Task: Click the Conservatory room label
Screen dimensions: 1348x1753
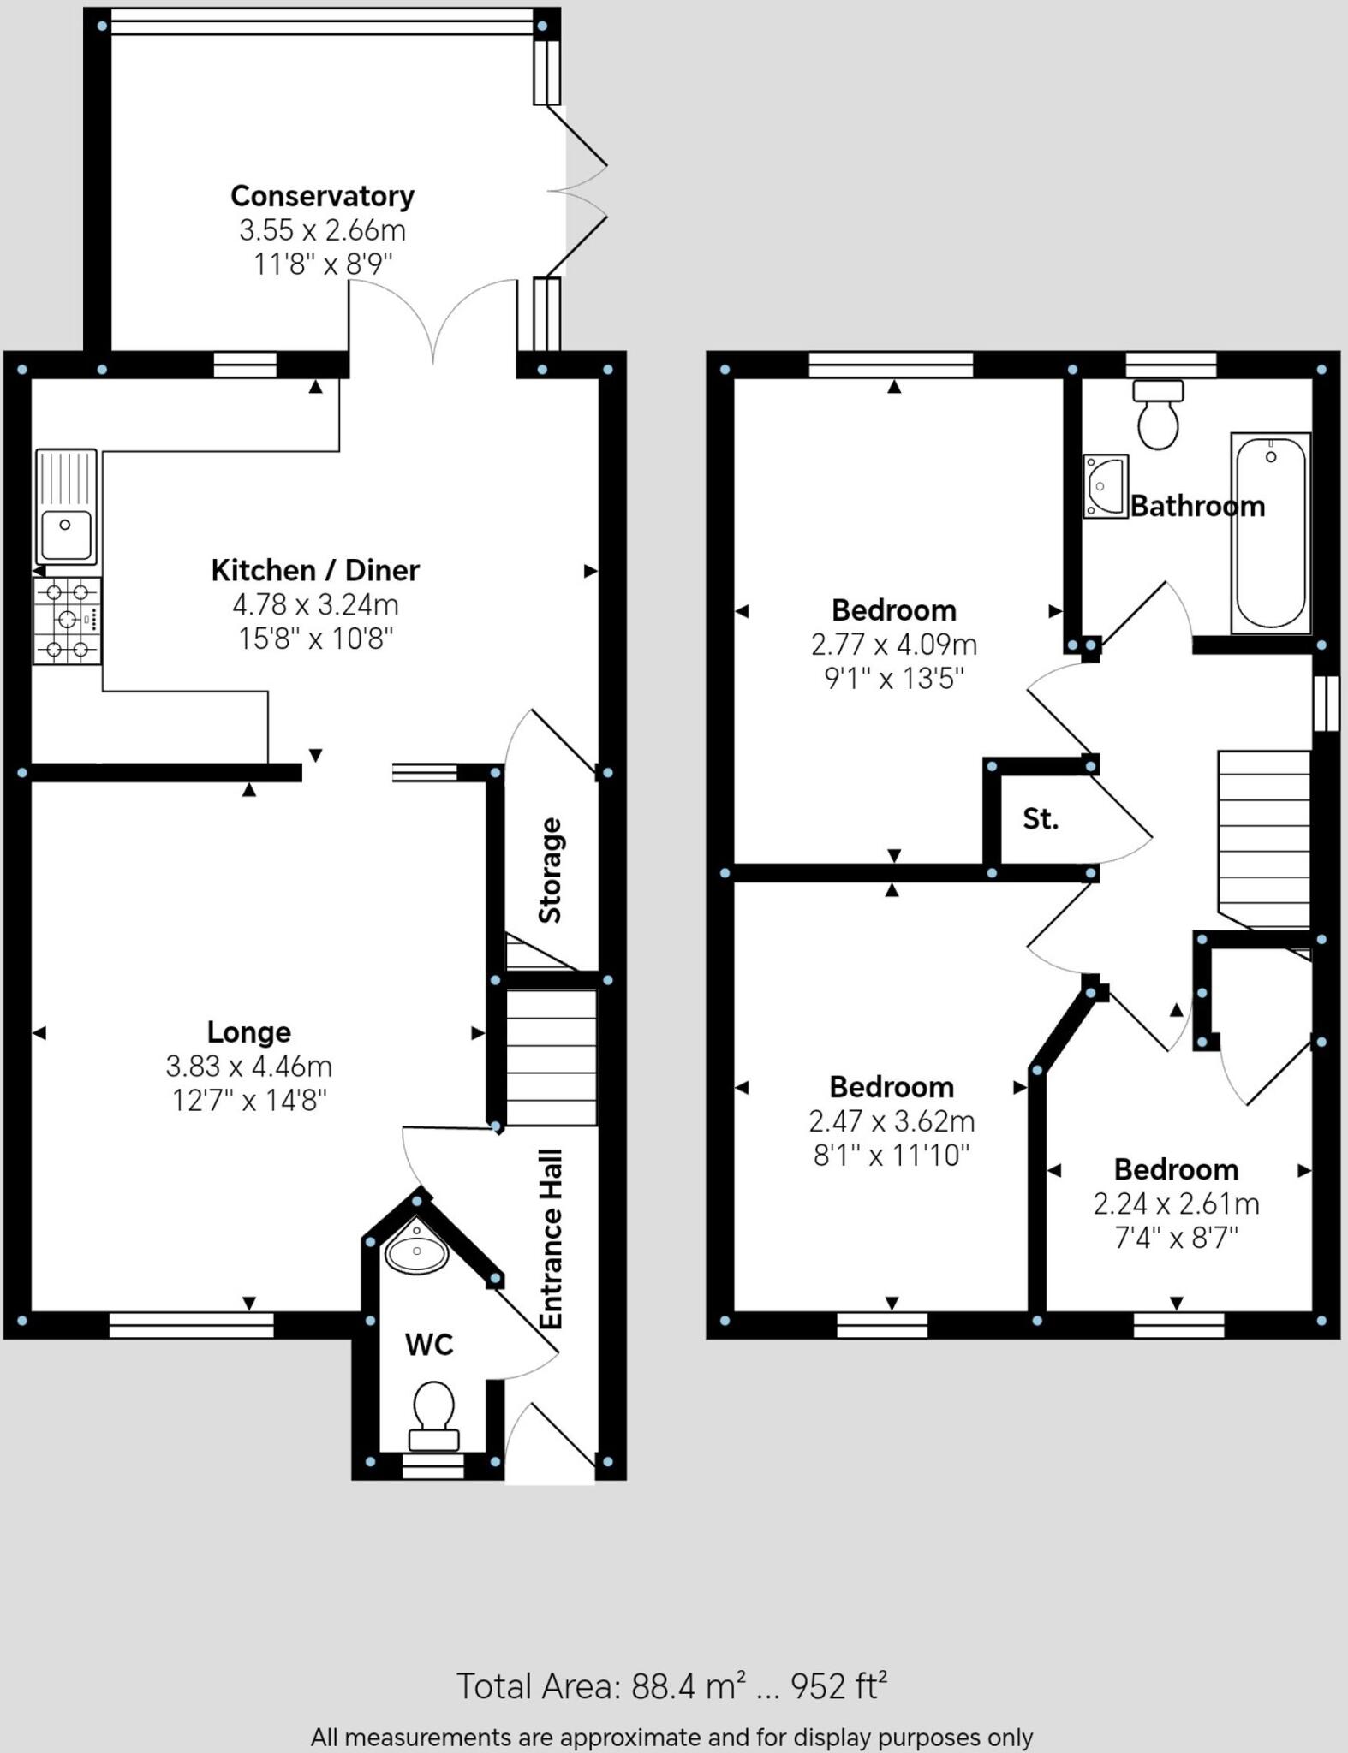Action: (322, 196)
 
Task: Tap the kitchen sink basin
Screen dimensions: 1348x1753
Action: (66, 535)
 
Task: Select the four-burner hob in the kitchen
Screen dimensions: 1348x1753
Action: (67, 621)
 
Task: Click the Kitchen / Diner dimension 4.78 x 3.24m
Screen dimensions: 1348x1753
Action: (315, 605)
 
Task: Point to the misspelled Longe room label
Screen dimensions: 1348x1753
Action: (249, 1032)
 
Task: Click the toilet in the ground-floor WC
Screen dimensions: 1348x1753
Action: (433, 1416)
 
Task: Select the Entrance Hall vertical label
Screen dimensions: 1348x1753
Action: (551, 1239)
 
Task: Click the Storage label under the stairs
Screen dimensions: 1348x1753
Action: (550, 871)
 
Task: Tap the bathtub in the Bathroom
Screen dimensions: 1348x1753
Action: (1271, 532)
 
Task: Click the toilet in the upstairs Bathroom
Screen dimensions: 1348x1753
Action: (1159, 414)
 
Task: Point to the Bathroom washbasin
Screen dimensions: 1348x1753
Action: (1105, 486)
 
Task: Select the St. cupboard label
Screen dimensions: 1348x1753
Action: (1041, 819)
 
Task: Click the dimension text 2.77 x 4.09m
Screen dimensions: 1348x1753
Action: (894, 645)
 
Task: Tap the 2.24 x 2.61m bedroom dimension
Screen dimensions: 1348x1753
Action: (1176, 1204)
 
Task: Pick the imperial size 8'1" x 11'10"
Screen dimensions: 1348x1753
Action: (892, 1156)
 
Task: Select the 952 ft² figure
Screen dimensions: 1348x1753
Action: (838, 1686)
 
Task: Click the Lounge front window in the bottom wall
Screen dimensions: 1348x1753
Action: (191, 1325)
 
